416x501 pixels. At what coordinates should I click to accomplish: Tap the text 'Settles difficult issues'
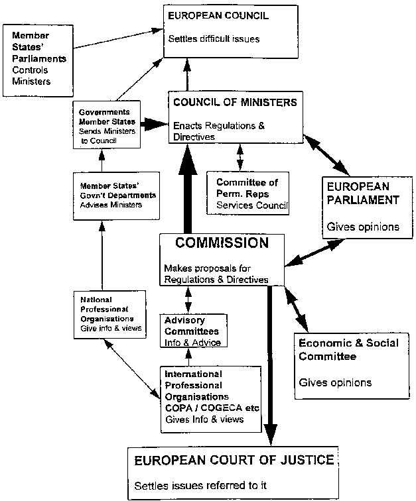(x=214, y=39)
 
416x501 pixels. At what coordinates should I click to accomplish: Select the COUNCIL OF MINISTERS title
(x=234, y=103)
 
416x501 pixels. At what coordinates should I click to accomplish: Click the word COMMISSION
(x=222, y=243)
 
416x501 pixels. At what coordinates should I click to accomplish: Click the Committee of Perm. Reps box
(x=247, y=194)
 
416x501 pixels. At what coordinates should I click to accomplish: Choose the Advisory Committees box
(x=192, y=331)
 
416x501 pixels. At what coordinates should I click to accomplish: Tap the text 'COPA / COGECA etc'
(x=205, y=409)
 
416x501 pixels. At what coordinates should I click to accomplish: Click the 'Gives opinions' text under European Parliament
(x=362, y=227)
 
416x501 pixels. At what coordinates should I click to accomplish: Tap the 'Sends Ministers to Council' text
(x=106, y=136)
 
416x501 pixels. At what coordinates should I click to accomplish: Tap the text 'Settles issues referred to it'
(x=200, y=485)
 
